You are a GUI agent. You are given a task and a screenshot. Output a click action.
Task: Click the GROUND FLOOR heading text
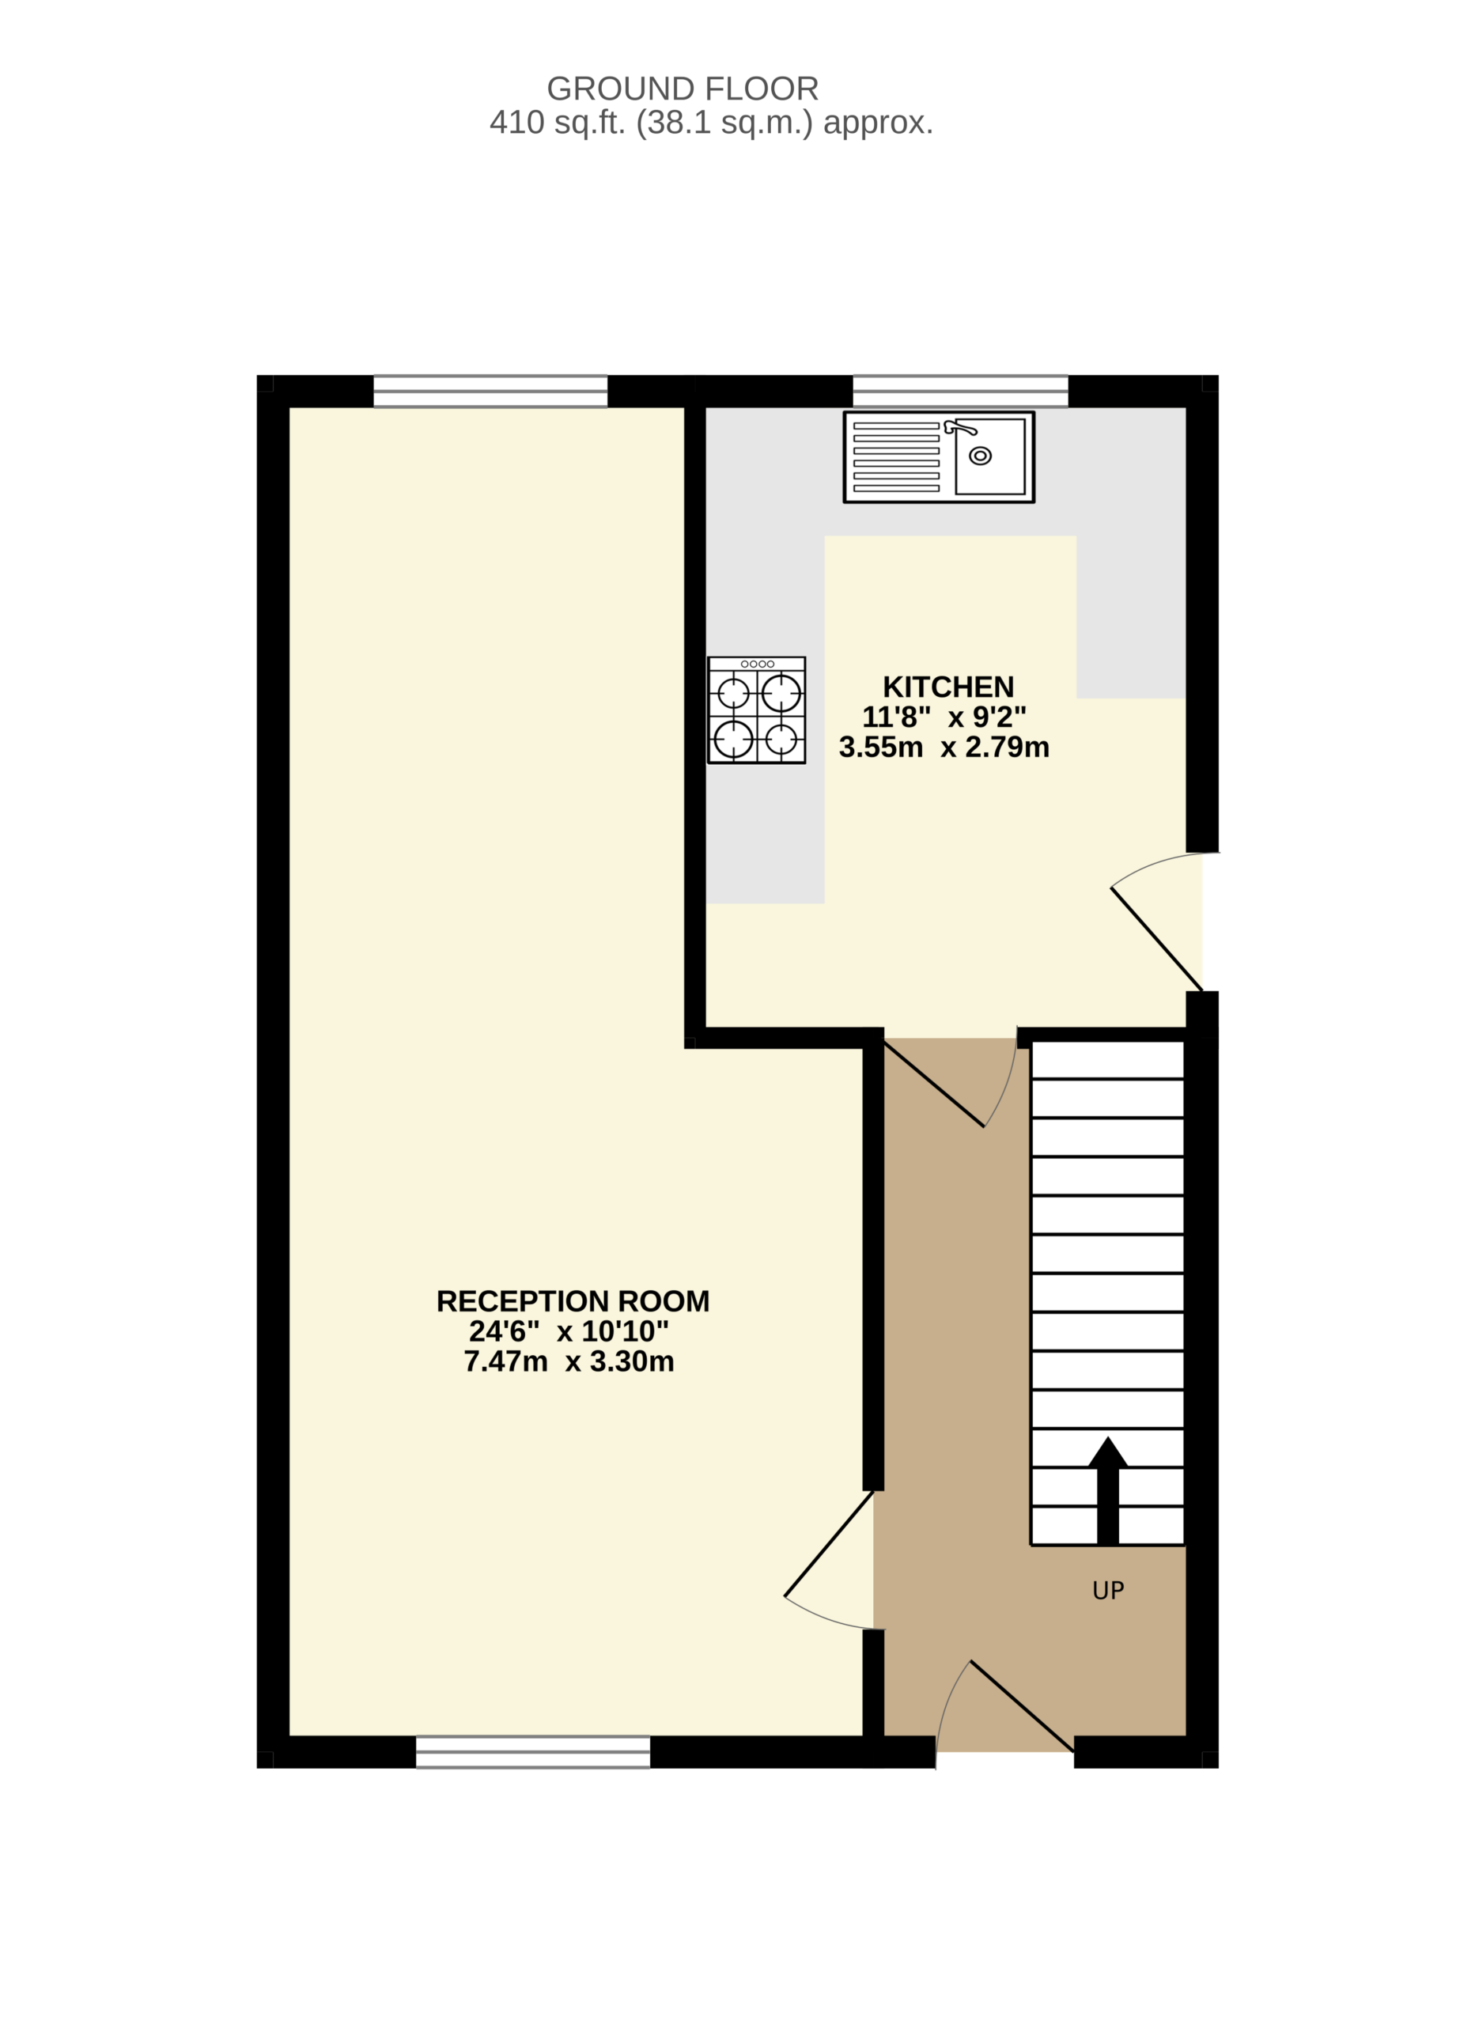(683, 89)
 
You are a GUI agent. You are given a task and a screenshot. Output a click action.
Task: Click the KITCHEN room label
(948, 687)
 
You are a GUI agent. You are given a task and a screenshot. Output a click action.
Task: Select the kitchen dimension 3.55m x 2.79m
(944, 748)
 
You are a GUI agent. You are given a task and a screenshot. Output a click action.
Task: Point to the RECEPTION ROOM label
(573, 1301)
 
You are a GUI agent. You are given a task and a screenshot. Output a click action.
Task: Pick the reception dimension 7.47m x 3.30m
(569, 1361)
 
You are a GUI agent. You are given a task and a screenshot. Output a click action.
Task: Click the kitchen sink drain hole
(979, 456)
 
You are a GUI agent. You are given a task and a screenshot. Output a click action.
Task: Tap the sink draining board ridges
(895, 457)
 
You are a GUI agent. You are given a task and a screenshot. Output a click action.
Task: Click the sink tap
(960, 427)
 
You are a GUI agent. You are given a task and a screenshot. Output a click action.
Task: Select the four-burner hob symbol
(756, 710)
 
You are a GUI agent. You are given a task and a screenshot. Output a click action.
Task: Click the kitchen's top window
(960, 390)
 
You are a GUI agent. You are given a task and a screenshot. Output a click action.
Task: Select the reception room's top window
(490, 390)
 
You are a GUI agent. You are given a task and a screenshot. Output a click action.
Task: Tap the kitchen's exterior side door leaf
(1156, 938)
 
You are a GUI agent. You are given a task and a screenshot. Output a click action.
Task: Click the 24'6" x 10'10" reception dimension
(569, 1331)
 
